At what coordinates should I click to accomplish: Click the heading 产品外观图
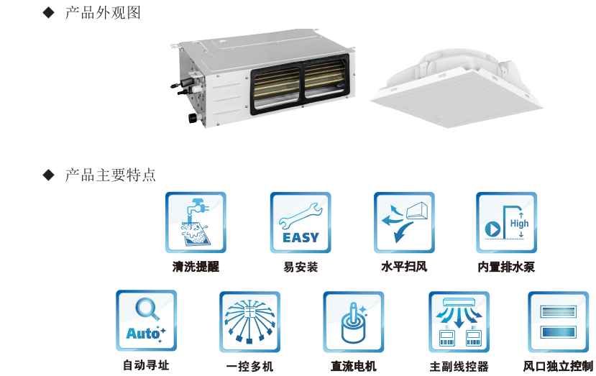(103, 12)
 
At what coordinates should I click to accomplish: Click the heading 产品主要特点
(110, 175)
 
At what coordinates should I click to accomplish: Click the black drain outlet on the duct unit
(193, 117)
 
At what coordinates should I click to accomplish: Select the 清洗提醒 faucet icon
(196, 222)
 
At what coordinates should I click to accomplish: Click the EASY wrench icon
(301, 222)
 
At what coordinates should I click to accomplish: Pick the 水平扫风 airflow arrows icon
(404, 222)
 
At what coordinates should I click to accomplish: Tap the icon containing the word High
(506, 222)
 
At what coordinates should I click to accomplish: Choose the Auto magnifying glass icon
(147, 321)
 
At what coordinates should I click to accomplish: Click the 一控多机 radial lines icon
(249, 322)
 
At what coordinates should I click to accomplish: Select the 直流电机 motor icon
(354, 322)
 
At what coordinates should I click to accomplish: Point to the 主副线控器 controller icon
(459, 322)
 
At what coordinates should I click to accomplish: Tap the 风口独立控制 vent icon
(559, 322)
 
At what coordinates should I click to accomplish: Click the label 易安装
(301, 267)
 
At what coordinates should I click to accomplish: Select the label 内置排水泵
(506, 267)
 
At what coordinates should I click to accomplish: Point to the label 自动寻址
(146, 365)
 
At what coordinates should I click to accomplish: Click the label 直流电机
(354, 366)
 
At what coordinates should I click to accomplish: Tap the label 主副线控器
(459, 367)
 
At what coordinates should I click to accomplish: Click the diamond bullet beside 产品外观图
(49, 12)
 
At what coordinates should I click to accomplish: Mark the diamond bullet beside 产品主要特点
(49, 175)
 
